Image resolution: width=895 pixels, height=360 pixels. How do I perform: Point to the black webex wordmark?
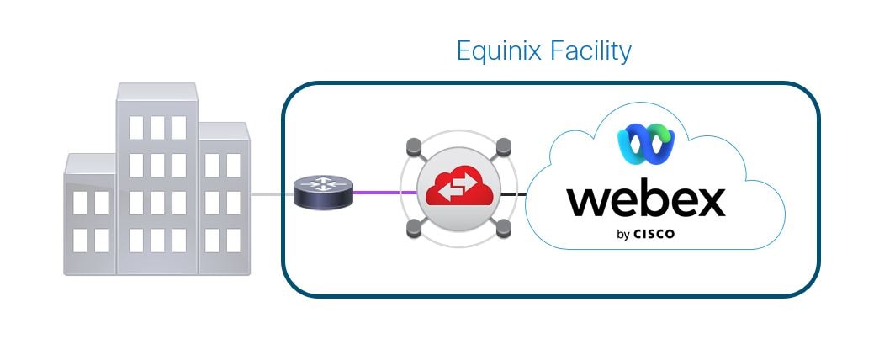[x=645, y=200]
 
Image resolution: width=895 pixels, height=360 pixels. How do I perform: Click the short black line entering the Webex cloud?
[x=514, y=194]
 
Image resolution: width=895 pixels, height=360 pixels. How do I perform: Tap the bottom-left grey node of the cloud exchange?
[x=413, y=227]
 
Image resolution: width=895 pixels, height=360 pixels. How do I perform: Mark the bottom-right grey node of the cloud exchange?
[x=503, y=227]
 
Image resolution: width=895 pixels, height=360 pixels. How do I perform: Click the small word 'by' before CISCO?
[x=623, y=236]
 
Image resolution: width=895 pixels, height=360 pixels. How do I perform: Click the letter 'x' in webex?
[x=707, y=202]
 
